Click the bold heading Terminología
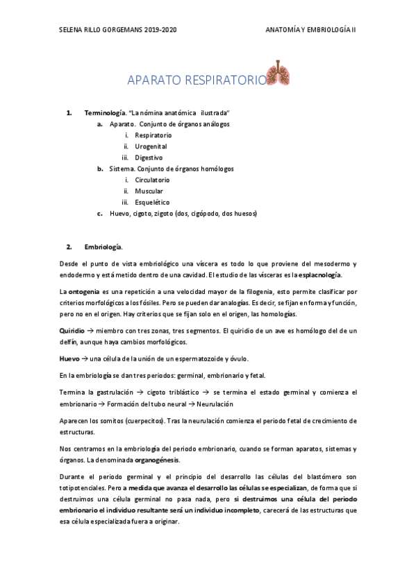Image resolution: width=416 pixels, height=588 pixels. click(x=104, y=112)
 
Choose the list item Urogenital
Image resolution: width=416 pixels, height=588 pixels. click(x=151, y=146)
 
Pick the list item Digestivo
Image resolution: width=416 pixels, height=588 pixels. click(x=149, y=157)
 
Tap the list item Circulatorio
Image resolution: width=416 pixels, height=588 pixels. click(x=152, y=180)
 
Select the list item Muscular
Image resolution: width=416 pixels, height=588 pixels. click(x=149, y=191)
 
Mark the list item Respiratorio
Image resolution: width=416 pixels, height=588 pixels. click(x=153, y=135)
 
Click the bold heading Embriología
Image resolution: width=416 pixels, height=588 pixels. click(x=103, y=247)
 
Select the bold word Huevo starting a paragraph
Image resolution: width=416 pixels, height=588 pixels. click(x=70, y=358)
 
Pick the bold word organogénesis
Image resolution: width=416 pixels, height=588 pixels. click(x=157, y=460)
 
